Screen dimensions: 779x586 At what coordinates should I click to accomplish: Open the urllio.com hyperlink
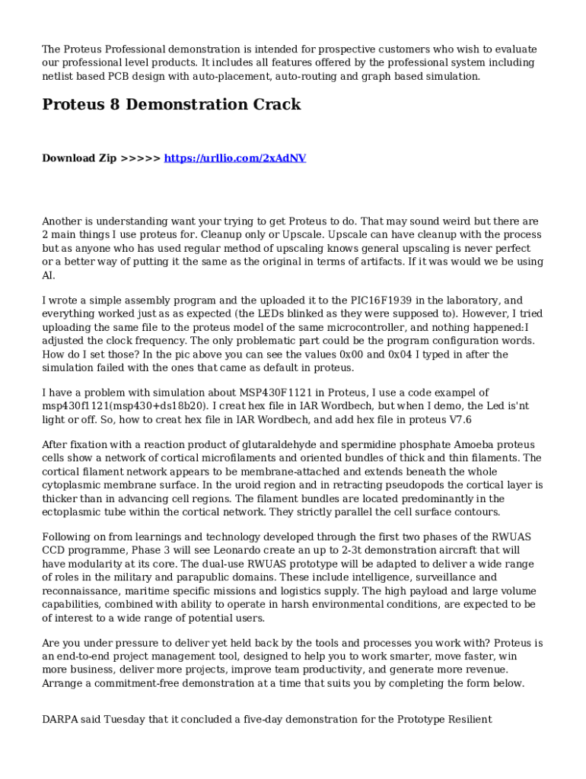click(x=235, y=158)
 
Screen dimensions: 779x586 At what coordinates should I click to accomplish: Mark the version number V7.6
click(x=456, y=419)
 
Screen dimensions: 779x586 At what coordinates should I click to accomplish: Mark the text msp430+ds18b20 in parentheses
click(x=148, y=405)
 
